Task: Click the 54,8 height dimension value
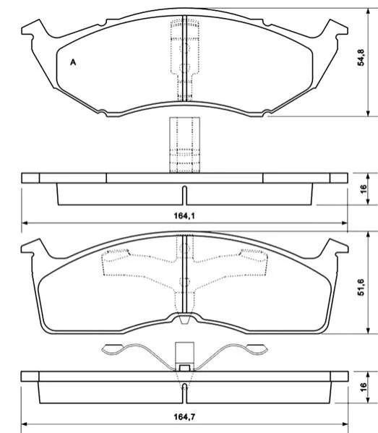coord(361,57)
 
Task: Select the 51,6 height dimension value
coord(361,287)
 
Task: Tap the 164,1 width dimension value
coord(184,215)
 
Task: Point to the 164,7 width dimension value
coord(184,416)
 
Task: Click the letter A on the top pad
coord(73,62)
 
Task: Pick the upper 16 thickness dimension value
coord(364,189)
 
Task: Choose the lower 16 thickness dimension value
coord(364,387)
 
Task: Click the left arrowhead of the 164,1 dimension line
coord(25,223)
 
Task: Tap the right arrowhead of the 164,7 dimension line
coord(345,424)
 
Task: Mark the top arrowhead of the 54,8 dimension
coord(368,12)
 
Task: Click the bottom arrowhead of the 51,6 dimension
coord(368,330)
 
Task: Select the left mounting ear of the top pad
coord(34,29)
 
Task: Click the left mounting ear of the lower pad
coord(33,247)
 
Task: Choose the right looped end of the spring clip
coord(257,349)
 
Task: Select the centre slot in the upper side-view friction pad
coord(185,195)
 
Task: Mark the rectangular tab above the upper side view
coord(184,145)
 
